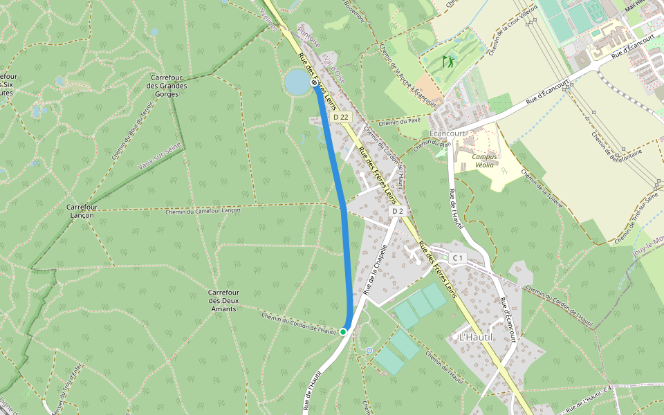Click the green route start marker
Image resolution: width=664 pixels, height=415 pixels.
tap(343, 332)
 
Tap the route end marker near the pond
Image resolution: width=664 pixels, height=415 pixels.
tap(315, 83)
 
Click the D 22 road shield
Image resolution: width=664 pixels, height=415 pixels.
tap(340, 118)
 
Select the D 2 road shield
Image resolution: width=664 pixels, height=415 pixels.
tap(397, 211)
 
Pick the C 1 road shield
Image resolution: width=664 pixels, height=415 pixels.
tap(457, 258)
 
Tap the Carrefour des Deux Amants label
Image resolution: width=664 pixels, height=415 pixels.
tap(223, 300)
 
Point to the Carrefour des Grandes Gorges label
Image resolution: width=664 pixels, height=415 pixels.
tap(167, 86)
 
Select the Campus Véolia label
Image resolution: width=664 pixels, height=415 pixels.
tap(484, 161)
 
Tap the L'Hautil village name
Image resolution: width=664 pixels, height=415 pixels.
tap(476, 337)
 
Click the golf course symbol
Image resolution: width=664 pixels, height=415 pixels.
tap(448, 61)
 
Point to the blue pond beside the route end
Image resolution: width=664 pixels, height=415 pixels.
tap(297, 82)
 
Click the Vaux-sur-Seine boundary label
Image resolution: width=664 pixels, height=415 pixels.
tap(160, 156)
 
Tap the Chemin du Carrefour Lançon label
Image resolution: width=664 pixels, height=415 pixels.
tap(203, 211)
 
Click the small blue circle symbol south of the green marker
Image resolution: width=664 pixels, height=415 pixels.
tap(369, 351)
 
